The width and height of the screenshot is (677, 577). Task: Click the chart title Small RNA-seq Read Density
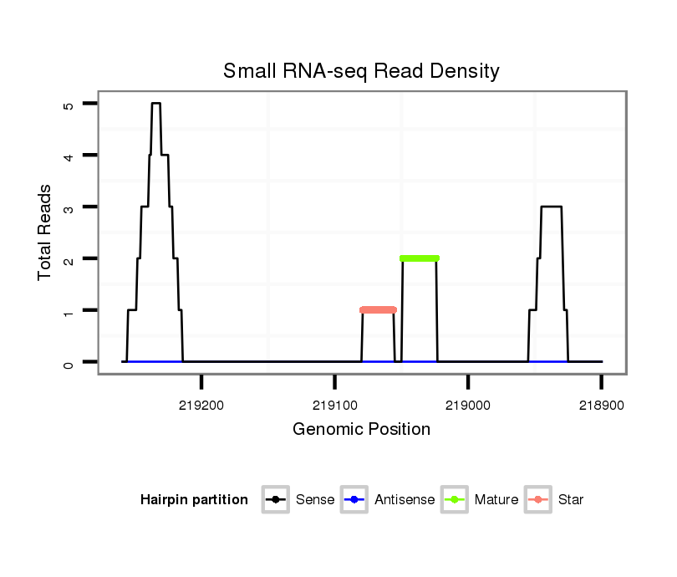361,71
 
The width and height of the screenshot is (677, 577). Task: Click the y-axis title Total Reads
46,232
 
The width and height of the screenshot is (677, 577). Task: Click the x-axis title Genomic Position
361,430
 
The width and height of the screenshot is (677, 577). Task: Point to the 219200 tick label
201,403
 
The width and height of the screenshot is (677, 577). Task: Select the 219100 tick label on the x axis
334,403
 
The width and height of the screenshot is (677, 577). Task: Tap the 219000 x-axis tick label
468,403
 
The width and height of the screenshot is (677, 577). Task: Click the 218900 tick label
601,403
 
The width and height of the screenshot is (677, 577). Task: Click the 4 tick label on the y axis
69,156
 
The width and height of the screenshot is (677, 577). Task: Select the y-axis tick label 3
69,207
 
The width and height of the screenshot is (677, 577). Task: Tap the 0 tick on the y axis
69,362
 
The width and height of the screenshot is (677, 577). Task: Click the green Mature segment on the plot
420,258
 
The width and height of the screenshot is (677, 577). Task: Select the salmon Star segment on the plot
378,310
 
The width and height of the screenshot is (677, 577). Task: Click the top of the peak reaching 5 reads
155,104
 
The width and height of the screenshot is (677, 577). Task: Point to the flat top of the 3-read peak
551,207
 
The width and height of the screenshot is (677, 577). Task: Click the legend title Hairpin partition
194,500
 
